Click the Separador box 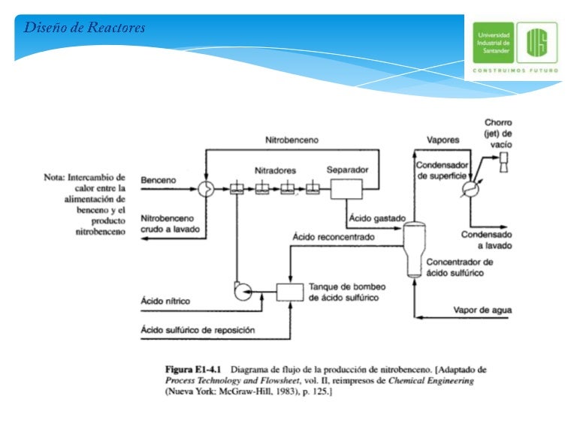(x=346, y=189)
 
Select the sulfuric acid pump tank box (x=290, y=292)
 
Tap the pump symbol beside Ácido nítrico (x=243, y=291)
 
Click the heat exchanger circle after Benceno (x=206, y=189)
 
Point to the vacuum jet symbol (x=503, y=162)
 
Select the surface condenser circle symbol (x=470, y=189)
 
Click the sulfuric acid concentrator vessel (x=415, y=250)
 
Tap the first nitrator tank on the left (x=237, y=188)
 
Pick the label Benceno (x=159, y=180)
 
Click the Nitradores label (x=275, y=170)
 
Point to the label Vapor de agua (x=482, y=310)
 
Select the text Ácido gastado (x=377, y=218)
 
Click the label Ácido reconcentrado (x=334, y=237)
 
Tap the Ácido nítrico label (x=165, y=301)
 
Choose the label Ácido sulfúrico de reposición (x=198, y=330)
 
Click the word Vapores (x=443, y=140)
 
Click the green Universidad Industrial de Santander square (x=493, y=43)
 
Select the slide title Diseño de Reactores (x=84, y=28)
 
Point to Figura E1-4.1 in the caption (x=193, y=370)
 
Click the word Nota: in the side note (x=54, y=178)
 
